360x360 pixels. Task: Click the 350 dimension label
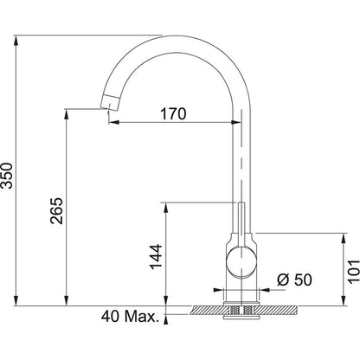[7, 176]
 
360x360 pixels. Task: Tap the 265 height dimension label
[56, 211]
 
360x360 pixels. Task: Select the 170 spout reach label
[173, 114]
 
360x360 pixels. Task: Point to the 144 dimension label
[156, 257]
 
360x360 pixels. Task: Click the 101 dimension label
[353, 271]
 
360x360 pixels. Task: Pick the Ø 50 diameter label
[294, 280]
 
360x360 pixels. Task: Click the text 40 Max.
[131, 317]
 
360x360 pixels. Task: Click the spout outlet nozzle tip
[109, 102]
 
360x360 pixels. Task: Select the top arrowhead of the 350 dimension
[16, 40]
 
